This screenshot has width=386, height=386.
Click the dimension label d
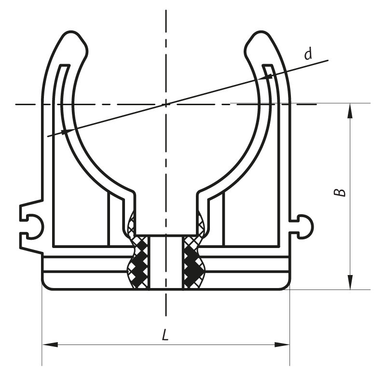[308, 54]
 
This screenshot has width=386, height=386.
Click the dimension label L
[165, 335]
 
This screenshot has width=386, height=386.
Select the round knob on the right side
[306, 226]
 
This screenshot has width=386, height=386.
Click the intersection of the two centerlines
[166, 103]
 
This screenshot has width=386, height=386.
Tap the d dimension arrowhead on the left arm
[64, 131]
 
